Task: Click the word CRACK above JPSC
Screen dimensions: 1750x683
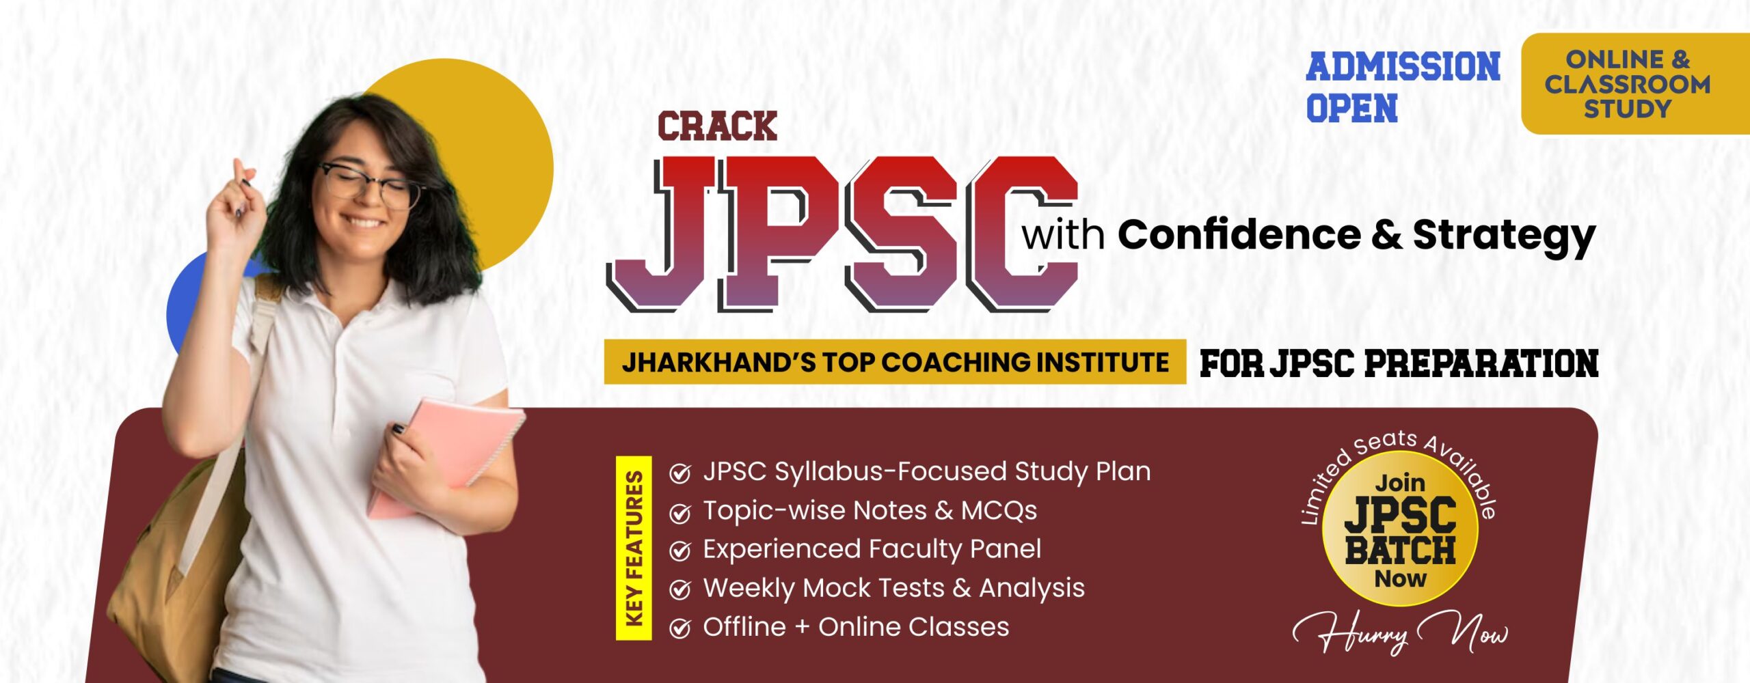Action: pos(717,126)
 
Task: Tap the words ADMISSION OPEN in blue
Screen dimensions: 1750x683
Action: pos(1403,87)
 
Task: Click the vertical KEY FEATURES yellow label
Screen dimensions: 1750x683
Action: pos(634,548)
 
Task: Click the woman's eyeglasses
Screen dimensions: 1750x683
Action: pos(369,184)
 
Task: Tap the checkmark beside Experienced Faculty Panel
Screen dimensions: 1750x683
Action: pos(679,550)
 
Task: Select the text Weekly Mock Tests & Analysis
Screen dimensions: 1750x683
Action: pos(893,588)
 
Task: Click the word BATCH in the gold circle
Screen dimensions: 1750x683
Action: pos(1400,550)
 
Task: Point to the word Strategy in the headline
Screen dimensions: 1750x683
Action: pos(1504,237)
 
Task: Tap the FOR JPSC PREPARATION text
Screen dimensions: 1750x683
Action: pos(1399,363)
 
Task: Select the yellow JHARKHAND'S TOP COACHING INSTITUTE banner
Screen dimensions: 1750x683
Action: pos(895,362)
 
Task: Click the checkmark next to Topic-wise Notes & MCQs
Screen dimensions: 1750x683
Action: pos(679,512)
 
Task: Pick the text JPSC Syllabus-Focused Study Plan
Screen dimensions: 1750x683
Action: pos(927,472)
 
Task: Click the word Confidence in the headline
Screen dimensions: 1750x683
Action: pos(1239,235)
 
